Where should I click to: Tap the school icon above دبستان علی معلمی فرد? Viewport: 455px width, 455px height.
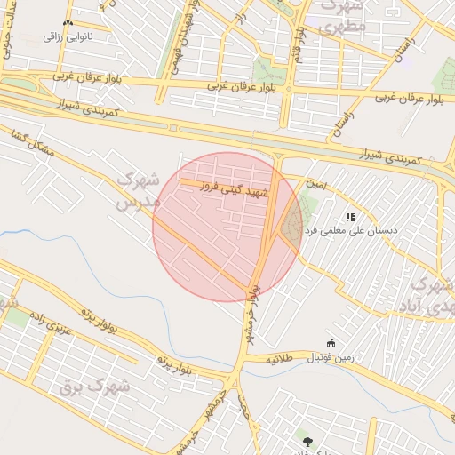[350, 216]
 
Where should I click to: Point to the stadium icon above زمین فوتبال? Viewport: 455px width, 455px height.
[331, 344]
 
